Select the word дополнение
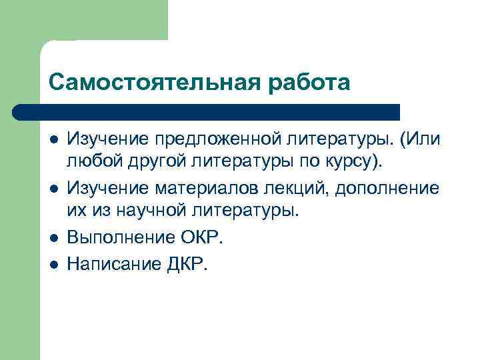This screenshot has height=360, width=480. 387,188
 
